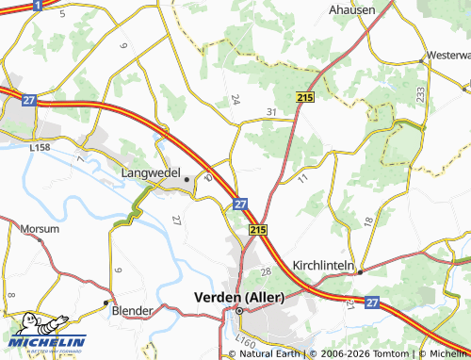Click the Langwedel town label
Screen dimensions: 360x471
click(152, 173)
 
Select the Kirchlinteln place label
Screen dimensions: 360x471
click(322, 266)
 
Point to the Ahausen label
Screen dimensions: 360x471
click(351, 9)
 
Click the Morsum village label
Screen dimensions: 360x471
click(39, 228)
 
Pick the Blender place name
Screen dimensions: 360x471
click(132, 310)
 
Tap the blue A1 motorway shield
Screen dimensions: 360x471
click(36, 5)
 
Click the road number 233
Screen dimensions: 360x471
click(418, 94)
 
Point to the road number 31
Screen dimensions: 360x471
click(271, 113)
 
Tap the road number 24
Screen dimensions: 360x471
click(235, 99)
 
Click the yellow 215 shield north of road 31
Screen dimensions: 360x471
click(303, 97)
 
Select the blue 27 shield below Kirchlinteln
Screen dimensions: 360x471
click(372, 303)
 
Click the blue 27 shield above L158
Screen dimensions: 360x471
click(30, 100)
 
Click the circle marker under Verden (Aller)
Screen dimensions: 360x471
click(239, 310)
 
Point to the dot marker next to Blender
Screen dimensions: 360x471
click(106, 303)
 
